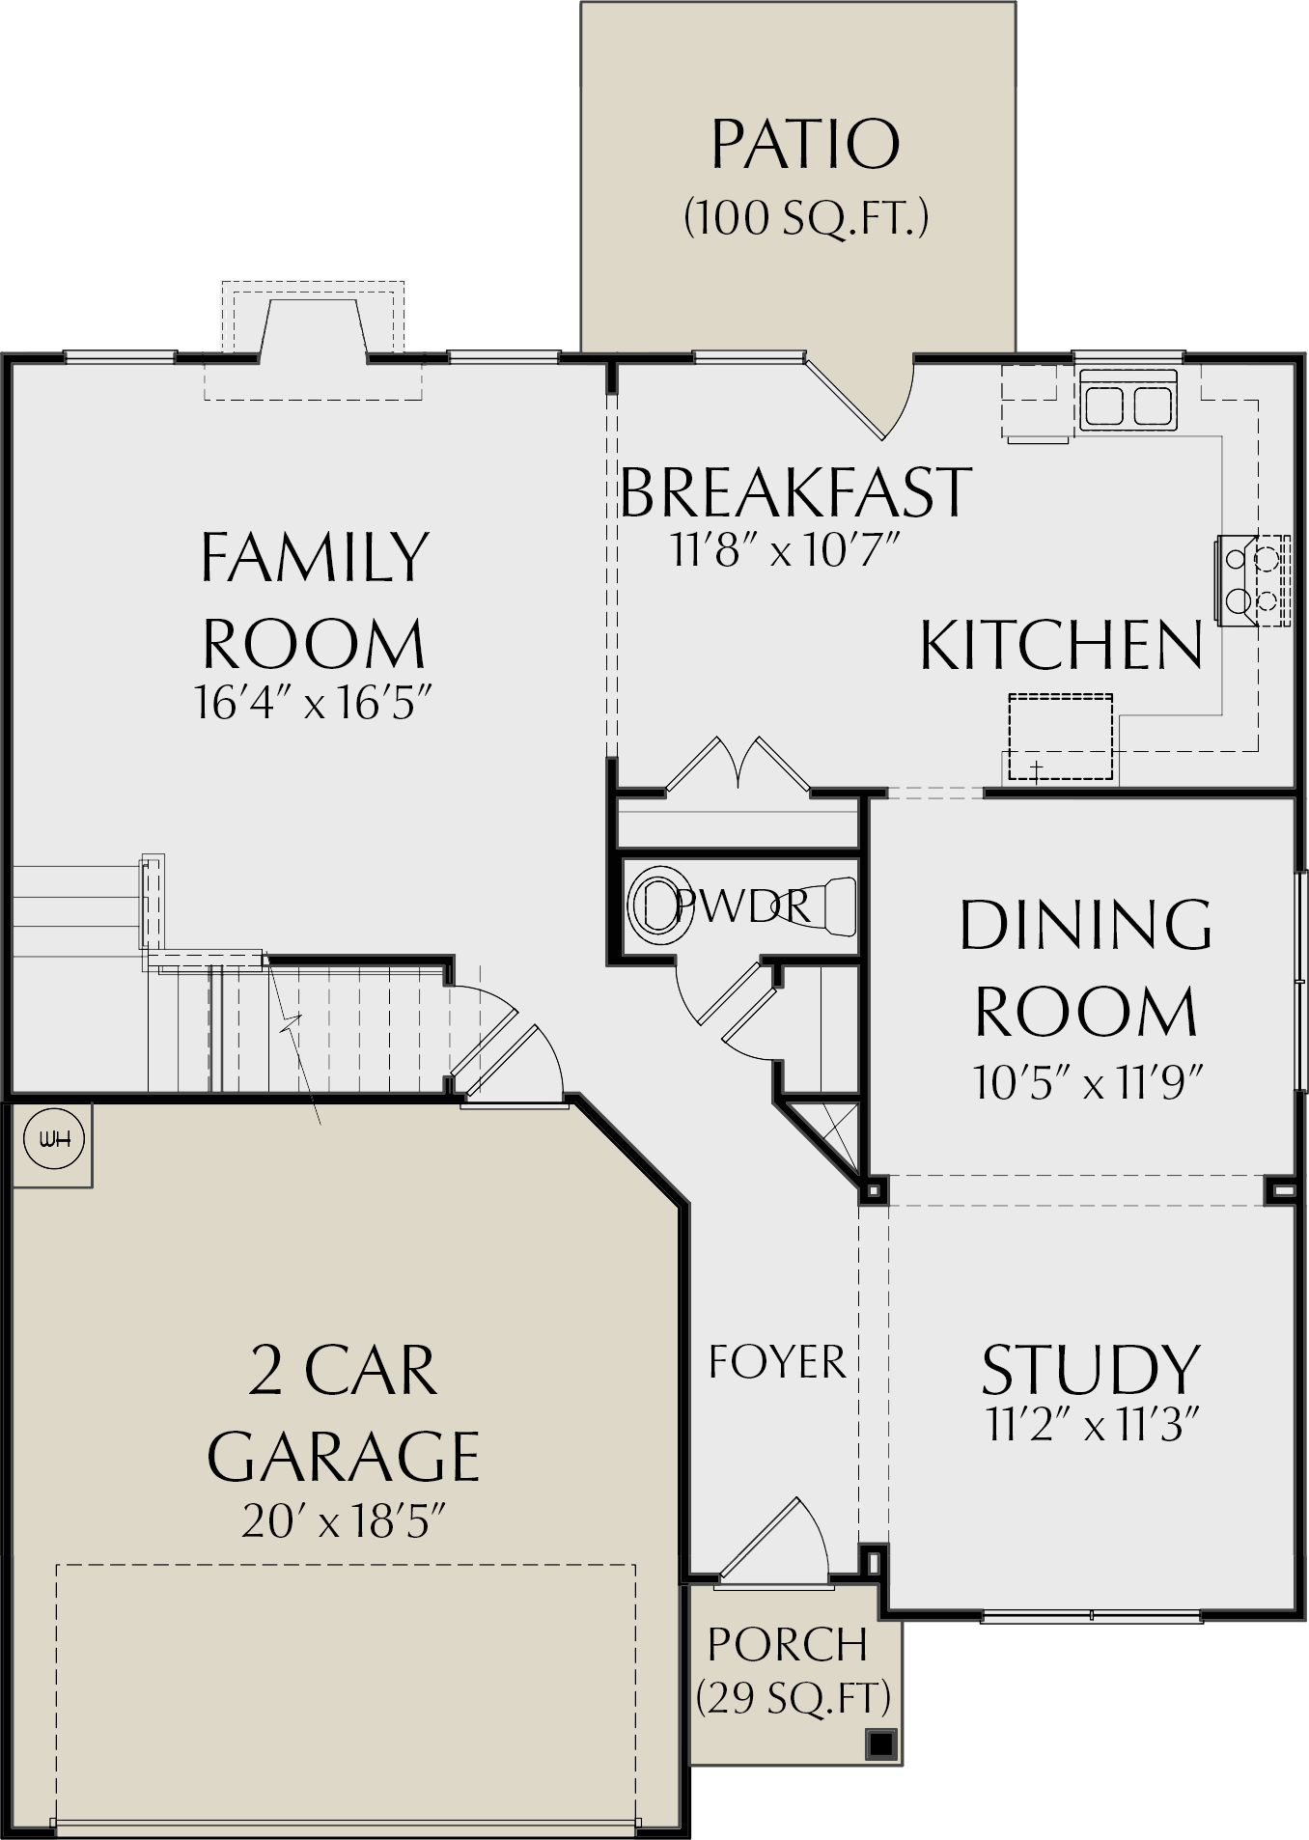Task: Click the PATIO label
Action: pos(805,145)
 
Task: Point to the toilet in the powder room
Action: pos(657,905)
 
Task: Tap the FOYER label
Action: pos(777,1362)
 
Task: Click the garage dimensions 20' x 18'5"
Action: pos(344,1523)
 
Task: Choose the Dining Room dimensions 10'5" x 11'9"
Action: pos(1088,1083)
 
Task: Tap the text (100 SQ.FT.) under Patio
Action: pos(806,218)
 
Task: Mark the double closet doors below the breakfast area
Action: pos(738,765)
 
